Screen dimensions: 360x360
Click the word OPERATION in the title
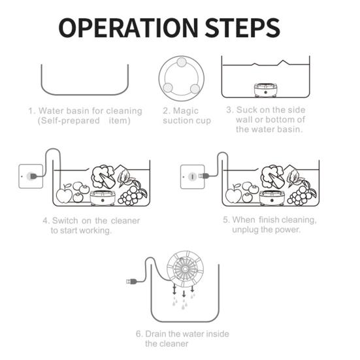point(128,28)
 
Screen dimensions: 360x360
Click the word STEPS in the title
point(242,28)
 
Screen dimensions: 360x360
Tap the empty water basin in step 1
point(85,94)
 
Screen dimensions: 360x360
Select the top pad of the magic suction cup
point(182,62)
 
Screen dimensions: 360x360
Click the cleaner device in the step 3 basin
point(265,90)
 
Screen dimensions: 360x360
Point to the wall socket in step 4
point(31,176)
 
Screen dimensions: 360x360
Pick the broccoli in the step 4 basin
point(103,176)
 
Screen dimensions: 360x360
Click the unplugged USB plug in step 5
point(204,176)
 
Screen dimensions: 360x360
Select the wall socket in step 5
point(192,176)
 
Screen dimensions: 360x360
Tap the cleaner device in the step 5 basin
point(272,198)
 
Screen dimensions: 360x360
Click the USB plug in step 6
point(132,281)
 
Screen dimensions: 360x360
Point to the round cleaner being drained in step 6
point(185,269)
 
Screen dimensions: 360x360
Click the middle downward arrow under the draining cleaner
point(184,294)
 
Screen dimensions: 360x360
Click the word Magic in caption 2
point(186,111)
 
